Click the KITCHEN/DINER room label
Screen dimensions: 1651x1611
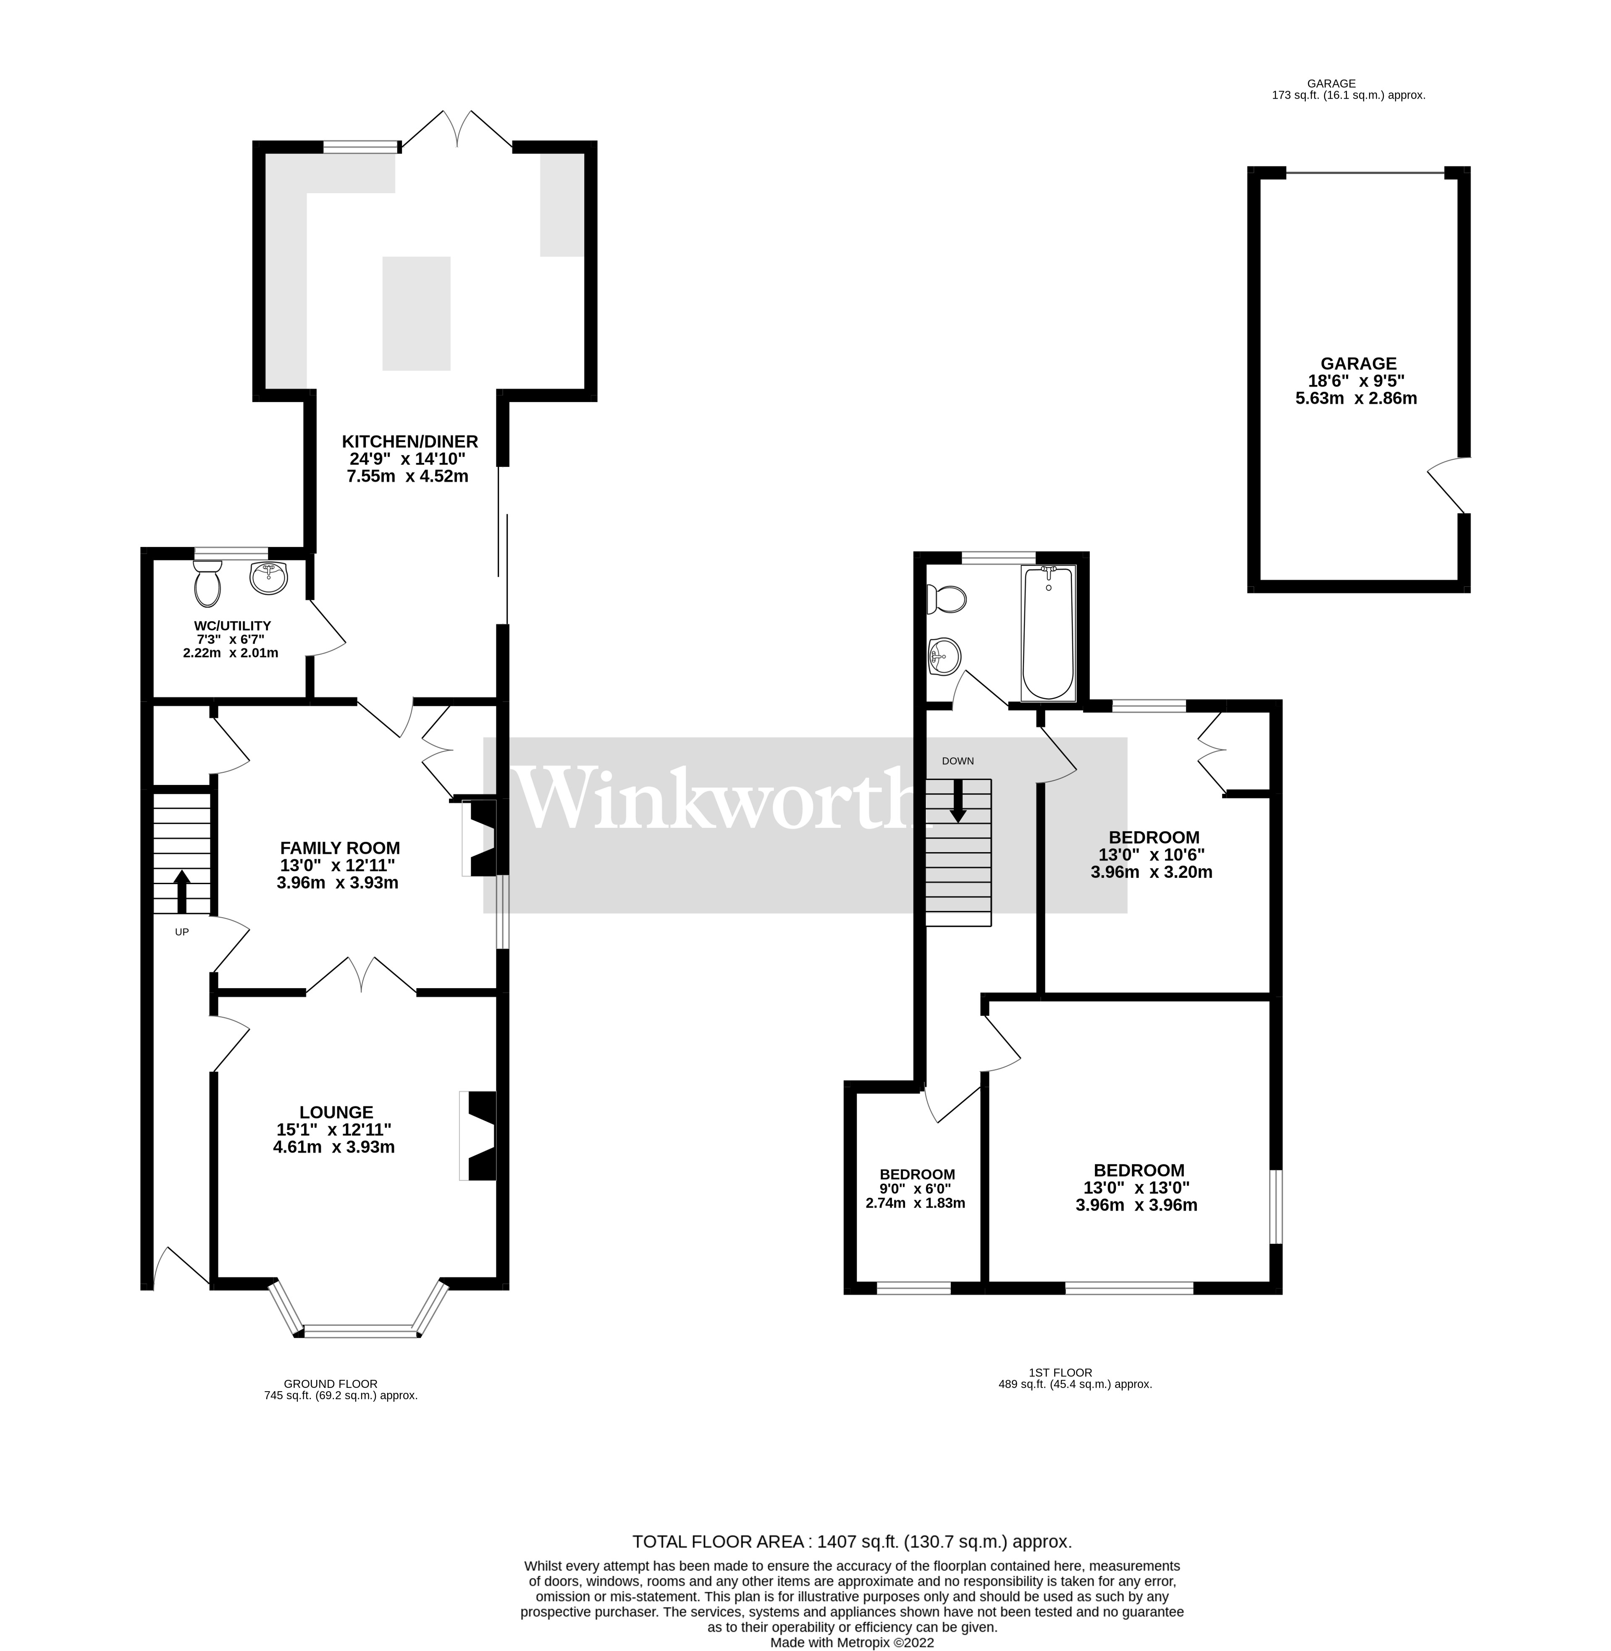click(409, 442)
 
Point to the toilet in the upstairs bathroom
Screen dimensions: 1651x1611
click(946, 600)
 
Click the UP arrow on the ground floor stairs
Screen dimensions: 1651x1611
click(181, 891)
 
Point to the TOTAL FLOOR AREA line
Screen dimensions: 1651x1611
click(852, 1541)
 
